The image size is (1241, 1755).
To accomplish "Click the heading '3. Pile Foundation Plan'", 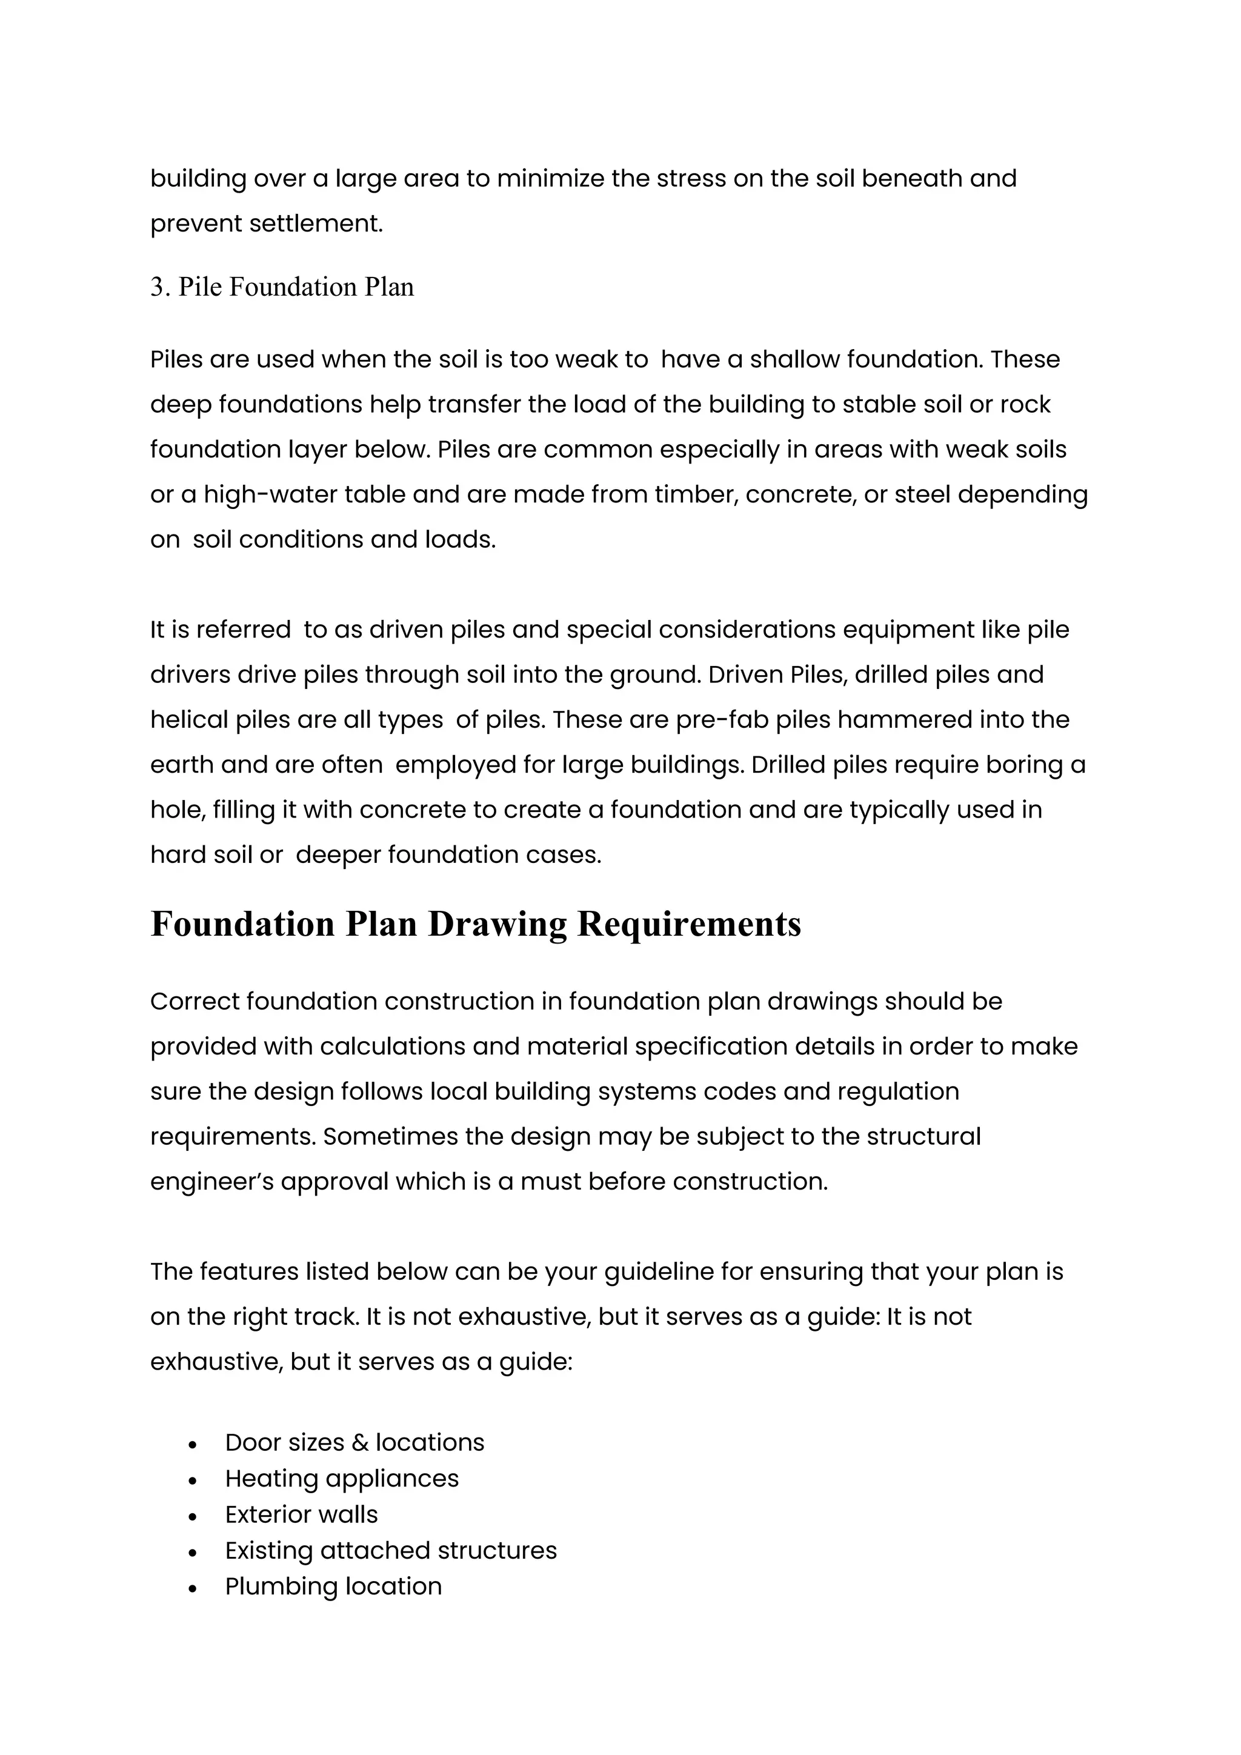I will [282, 287].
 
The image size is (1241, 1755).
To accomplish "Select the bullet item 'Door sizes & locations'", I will [354, 1442].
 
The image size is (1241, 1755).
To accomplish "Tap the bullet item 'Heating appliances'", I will [342, 1478].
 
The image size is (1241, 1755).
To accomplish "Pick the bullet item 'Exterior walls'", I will [301, 1514].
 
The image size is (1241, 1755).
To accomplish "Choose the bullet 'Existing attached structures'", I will [390, 1550].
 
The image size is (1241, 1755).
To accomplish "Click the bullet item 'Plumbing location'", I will [333, 1586].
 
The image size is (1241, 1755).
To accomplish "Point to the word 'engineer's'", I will [211, 1182].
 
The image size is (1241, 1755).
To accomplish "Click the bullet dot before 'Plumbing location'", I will [193, 1588].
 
